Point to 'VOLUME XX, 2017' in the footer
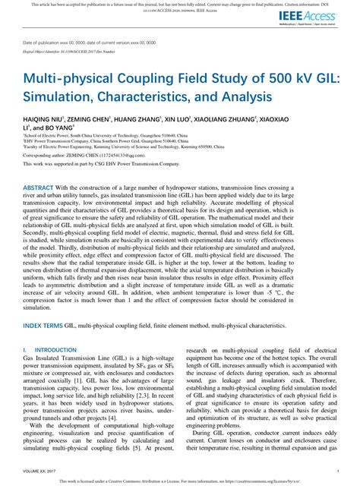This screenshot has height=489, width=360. pos(39,470)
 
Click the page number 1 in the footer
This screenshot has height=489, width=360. pos(335,470)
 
